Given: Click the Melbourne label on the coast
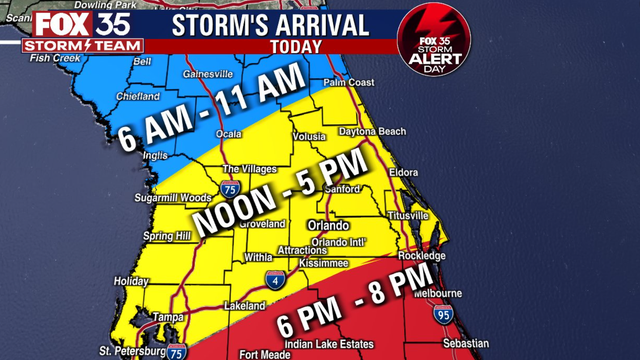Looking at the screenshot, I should click(440, 293).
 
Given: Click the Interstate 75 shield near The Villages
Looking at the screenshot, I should click(232, 187).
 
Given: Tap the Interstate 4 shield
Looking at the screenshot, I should click(274, 280).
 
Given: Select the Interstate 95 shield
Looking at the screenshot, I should click(439, 319).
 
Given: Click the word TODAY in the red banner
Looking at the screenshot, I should click(296, 46).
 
